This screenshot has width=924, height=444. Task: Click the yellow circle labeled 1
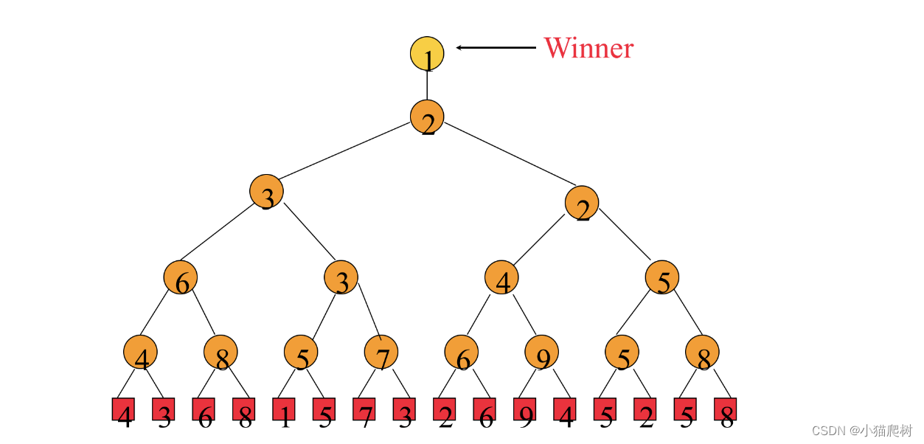pos(427,54)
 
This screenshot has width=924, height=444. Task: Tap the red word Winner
pos(588,48)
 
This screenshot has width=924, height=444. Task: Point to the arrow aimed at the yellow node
pos(496,47)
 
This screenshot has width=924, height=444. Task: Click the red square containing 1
pos(284,409)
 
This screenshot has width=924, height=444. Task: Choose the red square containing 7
pos(364,409)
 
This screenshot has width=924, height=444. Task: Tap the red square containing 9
pos(525,409)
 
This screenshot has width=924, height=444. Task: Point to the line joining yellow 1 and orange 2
pos(427,86)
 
